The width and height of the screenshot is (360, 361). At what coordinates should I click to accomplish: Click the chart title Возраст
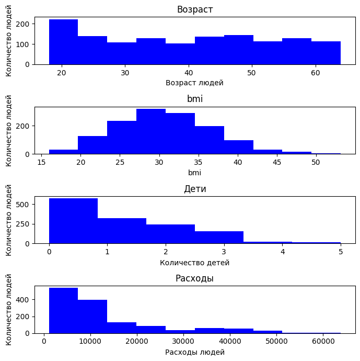[x=195, y=9]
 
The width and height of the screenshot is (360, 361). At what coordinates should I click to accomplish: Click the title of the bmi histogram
[x=195, y=99]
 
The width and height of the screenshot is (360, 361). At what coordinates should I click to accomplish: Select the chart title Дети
[x=195, y=189]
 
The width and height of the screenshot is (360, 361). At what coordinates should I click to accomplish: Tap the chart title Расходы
[x=195, y=278]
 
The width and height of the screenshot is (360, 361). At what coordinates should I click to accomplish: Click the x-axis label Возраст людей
[x=195, y=83]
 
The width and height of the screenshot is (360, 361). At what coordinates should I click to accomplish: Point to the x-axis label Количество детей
[x=195, y=263]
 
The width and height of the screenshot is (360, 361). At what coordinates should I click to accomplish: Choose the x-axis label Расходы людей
[x=195, y=352]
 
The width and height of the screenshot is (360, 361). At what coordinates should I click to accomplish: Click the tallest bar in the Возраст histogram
[x=63, y=42]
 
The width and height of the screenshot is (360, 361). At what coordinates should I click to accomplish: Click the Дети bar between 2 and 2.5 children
[x=170, y=234]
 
